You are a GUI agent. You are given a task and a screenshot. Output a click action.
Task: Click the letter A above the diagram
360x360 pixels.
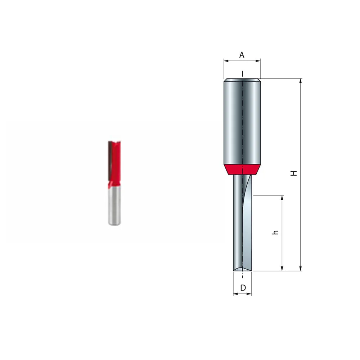tap(242, 55)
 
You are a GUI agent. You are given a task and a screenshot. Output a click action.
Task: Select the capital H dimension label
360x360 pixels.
tap(294, 173)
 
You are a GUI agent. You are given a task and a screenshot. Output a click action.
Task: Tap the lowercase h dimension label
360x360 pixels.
tap(275, 232)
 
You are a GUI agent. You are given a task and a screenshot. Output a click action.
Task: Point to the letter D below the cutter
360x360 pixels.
tap(243, 288)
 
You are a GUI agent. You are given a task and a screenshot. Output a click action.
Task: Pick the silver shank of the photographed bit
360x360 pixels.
tap(114, 207)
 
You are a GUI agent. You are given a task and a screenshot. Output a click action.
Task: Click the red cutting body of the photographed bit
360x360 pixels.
tap(116, 162)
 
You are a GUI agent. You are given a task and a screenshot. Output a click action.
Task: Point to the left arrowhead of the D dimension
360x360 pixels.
tap(235, 294)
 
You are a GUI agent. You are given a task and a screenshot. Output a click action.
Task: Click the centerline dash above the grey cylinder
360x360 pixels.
tap(242, 74)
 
